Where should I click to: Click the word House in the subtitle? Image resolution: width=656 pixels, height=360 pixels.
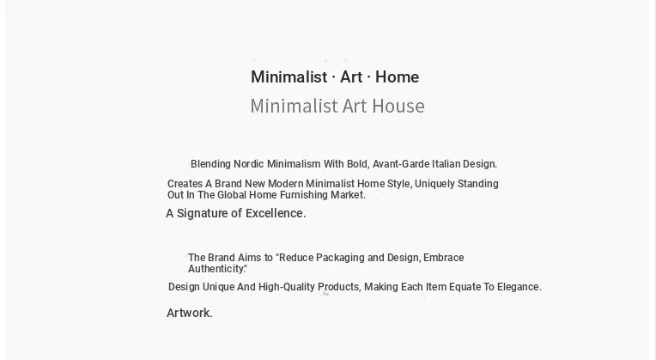398,106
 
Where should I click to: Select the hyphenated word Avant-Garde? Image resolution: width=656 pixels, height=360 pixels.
401,163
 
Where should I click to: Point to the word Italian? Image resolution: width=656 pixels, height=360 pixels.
446,163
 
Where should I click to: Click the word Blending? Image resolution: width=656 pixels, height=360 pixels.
210,164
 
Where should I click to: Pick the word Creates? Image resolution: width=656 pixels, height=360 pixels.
184,184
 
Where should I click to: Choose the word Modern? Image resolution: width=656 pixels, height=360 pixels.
286,184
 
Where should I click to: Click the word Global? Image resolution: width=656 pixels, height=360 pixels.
231,195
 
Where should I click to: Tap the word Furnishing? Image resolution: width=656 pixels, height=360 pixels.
304,195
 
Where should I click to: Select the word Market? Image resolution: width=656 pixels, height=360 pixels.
348,195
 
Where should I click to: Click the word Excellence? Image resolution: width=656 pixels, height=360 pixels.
276,213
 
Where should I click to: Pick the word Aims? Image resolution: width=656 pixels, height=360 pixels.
249,258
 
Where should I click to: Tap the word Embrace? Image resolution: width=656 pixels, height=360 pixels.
443,258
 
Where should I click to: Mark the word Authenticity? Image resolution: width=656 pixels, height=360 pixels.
216,269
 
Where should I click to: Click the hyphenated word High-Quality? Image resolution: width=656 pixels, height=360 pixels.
288,287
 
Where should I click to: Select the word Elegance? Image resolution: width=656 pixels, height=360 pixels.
519,287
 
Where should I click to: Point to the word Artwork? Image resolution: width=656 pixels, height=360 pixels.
190,313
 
